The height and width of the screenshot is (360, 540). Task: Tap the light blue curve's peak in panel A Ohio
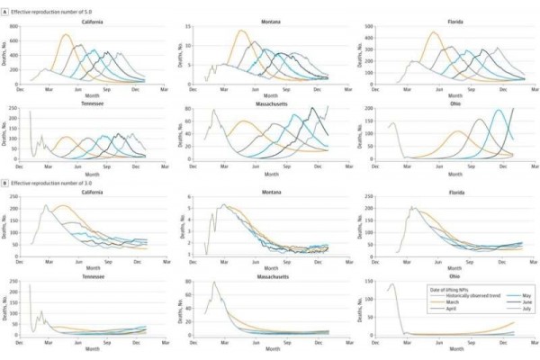499,111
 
